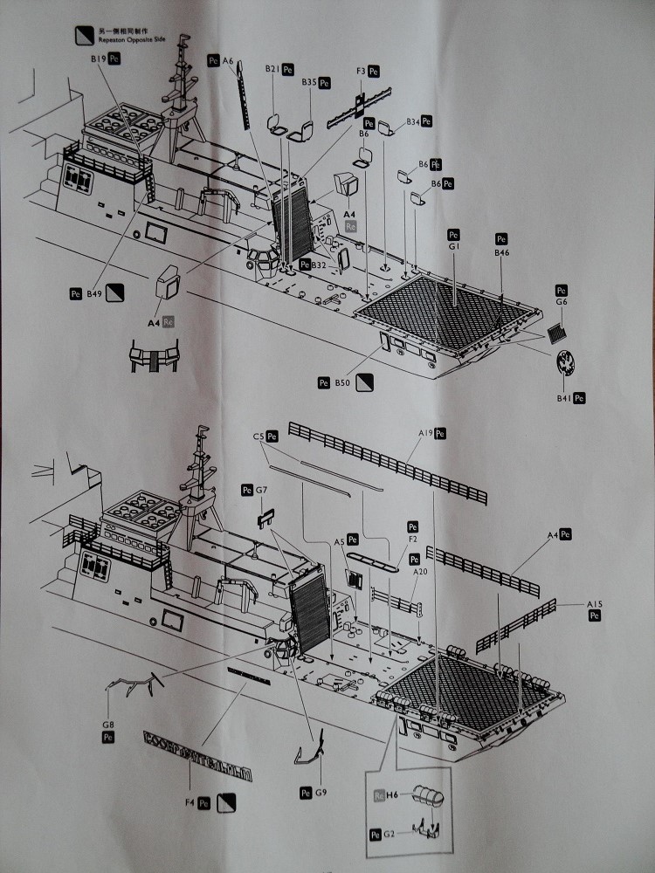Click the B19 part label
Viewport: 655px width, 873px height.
(x=97, y=58)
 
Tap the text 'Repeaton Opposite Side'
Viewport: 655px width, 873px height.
(x=133, y=40)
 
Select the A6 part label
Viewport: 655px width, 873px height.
(x=228, y=61)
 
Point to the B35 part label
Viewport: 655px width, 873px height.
(x=309, y=82)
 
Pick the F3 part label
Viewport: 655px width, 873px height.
(x=360, y=71)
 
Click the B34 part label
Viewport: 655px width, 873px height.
(x=413, y=121)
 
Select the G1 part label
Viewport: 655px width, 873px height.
(x=453, y=247)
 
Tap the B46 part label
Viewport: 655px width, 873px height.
(x=501, y=252)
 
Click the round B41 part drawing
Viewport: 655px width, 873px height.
(x=567, y=363)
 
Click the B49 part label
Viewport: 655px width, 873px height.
(x=94, y=295)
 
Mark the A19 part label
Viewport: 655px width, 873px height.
(x=425, y=433)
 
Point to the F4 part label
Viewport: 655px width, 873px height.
(x=190, y=801)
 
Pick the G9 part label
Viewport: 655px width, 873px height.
(x=321, y=793)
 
